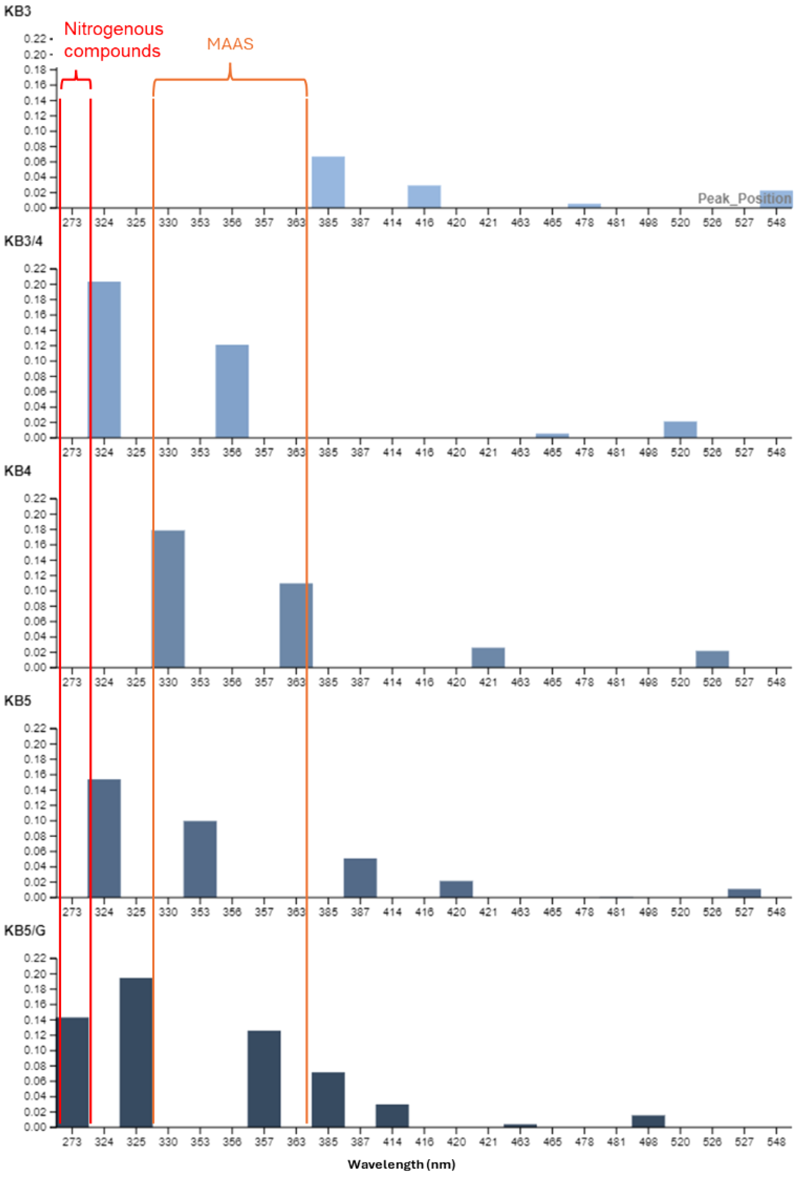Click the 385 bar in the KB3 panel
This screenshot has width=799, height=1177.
[328, 182]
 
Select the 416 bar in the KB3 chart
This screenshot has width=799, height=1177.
[424, 196]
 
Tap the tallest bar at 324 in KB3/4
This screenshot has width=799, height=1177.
[104, 359]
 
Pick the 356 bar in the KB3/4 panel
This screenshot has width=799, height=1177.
[232, 391]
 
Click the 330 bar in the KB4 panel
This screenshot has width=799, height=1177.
[168, 599]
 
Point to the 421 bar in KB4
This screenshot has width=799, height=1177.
[488, 657]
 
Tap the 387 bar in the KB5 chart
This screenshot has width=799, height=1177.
[360, 878]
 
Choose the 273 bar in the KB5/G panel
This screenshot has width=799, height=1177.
[73, 1072]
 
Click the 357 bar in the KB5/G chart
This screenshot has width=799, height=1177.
[264, 1078]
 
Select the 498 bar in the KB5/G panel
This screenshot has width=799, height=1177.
[648, 1121]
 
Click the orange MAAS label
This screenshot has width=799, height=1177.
[230, 44]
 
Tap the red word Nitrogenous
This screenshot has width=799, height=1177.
[113, 29]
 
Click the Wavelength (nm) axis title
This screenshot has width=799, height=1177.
[401, 1164]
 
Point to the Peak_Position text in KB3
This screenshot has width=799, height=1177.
[744, 198]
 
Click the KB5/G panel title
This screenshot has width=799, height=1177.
[24, 930]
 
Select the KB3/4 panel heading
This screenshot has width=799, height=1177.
[23, 241]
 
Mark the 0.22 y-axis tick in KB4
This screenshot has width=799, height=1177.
[35, 499]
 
